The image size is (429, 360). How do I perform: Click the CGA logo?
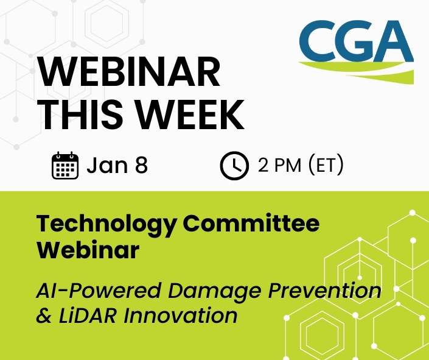[x=356, y=49]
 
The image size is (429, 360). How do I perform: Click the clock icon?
[x=234, y=166]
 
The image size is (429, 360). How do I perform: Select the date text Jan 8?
[x=117, y=166]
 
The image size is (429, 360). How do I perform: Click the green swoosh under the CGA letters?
[x=365, y=72]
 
